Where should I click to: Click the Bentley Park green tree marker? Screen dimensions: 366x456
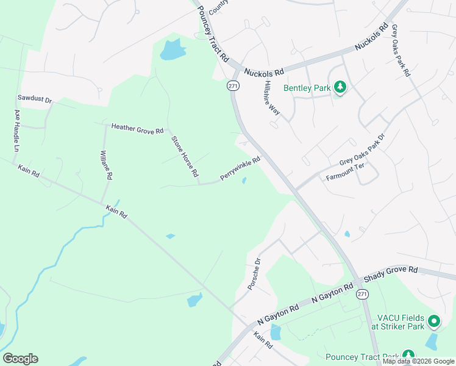tap(340, 88)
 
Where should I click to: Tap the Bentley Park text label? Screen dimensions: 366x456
tap(307, 88)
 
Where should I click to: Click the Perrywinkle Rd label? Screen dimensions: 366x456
tap(240, 169)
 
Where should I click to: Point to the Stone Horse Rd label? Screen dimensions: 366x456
tap(185, 157)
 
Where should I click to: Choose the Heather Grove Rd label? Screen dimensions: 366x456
tap(137, 128)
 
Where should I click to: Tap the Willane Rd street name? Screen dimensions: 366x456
tap(106, 165)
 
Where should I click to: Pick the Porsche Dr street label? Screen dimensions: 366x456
tap(254, 276)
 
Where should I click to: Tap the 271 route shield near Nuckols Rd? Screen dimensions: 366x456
tap(233, 86)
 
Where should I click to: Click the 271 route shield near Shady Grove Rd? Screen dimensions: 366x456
tap(363, 294)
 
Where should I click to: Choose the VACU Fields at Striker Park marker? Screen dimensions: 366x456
tap(433, 320)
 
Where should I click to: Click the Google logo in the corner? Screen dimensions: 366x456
tap(20, 359)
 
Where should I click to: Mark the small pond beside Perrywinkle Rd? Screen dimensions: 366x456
tap(244, 181)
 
